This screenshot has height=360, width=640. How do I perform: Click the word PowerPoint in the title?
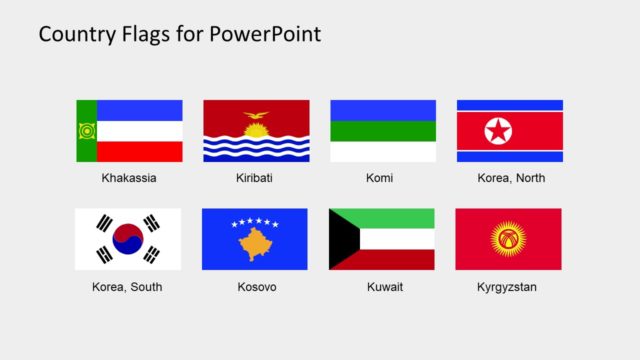pos(266,35)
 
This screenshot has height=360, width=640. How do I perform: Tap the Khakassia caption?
pos(129,178)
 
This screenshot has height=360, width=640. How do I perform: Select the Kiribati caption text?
pos(255,178)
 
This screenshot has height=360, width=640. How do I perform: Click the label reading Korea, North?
pos(510,178)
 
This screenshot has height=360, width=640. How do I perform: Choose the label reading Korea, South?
pos(127,287)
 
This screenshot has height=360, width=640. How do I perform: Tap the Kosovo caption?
pos(255,287)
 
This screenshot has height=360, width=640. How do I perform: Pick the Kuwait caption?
pos(382,287)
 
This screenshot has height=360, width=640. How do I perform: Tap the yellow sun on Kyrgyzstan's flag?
pos(508,239)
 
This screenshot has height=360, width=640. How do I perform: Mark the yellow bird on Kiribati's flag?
pos(256,116)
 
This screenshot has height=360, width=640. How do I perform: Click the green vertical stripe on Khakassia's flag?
pos(86,131)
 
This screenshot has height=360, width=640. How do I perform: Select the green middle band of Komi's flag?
pos(383,131)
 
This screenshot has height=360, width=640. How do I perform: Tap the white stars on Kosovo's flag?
pos(254,223)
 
